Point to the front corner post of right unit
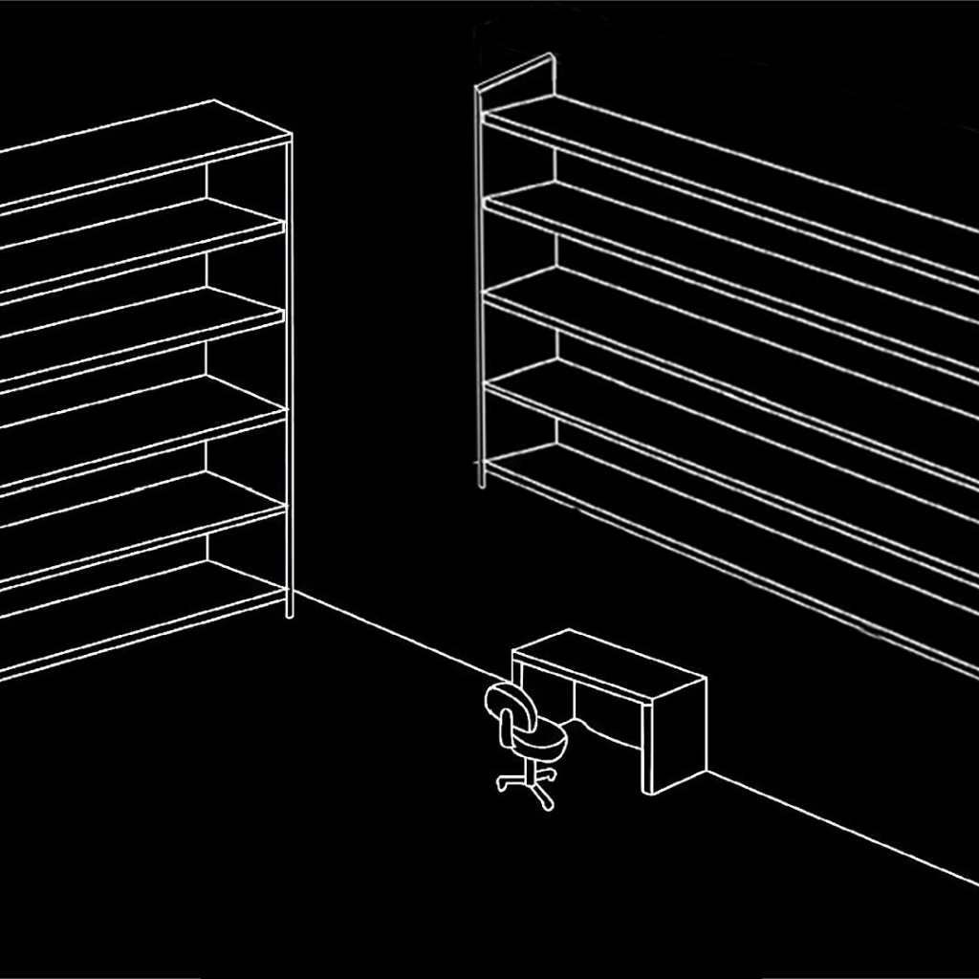point(481,287)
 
